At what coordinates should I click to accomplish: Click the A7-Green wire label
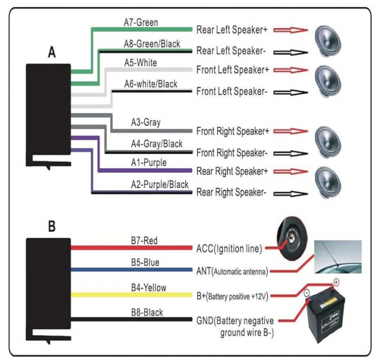(140, 23)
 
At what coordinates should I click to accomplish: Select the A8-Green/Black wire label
(151, 44)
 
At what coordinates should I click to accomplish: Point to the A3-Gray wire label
(145, 122)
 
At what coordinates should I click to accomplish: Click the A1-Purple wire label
(148, 163)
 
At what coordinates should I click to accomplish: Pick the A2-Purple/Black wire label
(159, 184)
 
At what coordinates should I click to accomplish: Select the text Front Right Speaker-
(232, 152)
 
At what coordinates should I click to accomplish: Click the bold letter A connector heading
(51, 53)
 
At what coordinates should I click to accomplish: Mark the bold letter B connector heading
(51, 226)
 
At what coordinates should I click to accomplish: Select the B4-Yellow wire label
(148, 288)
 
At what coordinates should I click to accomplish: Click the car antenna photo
(337, 257)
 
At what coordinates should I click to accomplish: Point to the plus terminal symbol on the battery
(335, 283)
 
